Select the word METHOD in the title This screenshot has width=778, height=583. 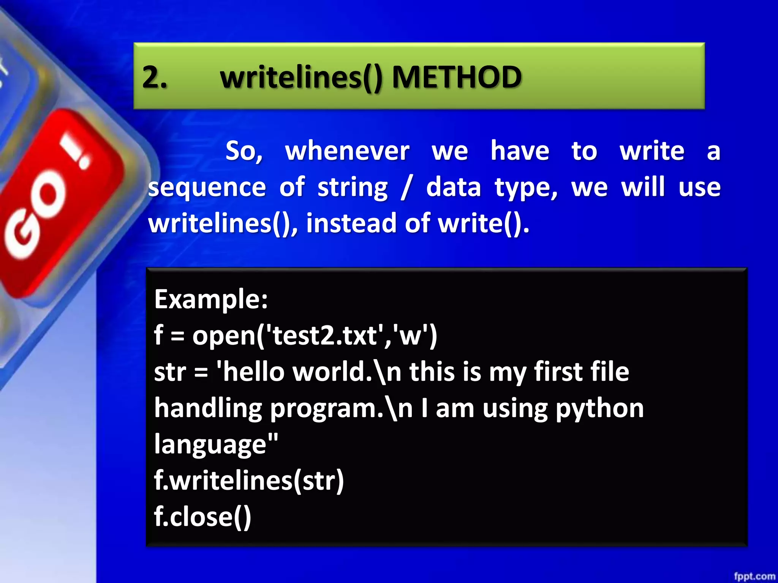tap(457, 77)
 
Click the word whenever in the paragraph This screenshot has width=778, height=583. tap(347, 151)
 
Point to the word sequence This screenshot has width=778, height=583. tap(207, 188)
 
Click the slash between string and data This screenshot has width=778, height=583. tap(407, 188)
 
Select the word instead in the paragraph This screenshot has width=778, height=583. tap(351, 223)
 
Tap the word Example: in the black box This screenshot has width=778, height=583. tap(211, 299)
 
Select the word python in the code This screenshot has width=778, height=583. tap(600, 409)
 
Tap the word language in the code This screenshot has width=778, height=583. tap(211, 444)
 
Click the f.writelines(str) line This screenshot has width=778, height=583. tap(249, 481)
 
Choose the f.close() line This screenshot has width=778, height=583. tap(202, 517)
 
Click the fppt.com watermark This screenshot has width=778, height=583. tap(754, 576)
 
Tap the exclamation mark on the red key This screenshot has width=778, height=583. tap(78, 154)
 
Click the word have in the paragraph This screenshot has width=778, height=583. tap(520, 151)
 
